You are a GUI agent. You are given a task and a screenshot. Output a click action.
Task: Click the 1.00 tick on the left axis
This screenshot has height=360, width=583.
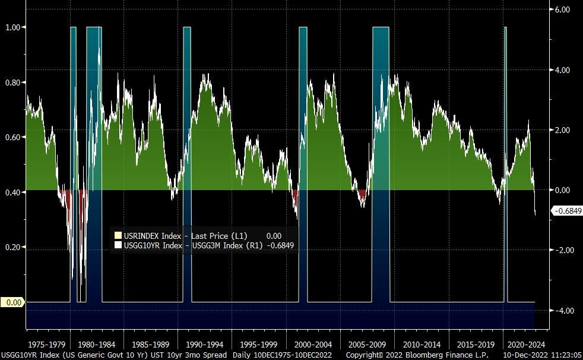tap(12, 27)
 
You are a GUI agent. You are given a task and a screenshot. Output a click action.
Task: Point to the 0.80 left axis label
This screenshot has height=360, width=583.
tap(12, 82)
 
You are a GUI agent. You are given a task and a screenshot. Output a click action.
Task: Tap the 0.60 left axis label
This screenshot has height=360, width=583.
tap(12, 137)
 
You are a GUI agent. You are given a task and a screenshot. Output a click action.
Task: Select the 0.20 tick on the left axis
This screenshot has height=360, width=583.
tap(12, 247)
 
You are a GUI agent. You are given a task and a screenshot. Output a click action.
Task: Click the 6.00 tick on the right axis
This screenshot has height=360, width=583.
tap(562, 10)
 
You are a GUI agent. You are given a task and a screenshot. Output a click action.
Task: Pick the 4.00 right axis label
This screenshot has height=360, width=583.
tap(562, 70)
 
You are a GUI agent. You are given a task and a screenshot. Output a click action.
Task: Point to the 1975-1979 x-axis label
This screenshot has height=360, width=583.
tap(47, 344)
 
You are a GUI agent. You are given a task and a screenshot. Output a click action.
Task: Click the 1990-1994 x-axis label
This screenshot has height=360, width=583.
tap(204, 344)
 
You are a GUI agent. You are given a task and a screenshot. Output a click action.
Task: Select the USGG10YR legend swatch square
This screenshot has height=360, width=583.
tap(118, 245)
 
